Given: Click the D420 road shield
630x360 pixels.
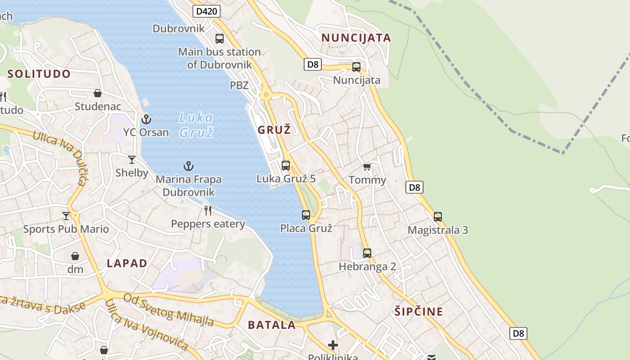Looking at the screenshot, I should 206,11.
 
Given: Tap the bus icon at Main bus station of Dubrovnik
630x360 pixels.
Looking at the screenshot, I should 220,39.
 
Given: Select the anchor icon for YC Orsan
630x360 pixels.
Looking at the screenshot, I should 146,119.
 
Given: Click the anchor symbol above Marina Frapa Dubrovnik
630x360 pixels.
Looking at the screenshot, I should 189,166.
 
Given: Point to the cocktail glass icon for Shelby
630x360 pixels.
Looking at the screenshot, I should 132,160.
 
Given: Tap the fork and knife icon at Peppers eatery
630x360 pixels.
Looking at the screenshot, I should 208,210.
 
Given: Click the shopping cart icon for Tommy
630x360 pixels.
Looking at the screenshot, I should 367,167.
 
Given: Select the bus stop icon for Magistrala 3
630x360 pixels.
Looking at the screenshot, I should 438,216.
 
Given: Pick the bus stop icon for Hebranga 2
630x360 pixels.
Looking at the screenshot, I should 367,253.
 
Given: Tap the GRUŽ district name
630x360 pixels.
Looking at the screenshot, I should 274,130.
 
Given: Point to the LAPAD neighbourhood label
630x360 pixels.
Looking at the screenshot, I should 127,263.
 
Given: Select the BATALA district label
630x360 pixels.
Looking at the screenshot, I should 272,325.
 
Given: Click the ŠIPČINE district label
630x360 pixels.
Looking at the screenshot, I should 418,311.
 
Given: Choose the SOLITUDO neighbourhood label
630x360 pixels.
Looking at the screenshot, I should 39,74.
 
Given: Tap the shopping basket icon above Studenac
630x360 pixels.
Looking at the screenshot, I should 98,93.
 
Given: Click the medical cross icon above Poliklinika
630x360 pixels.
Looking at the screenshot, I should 333,345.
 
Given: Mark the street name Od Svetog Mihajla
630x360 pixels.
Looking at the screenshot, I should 169,310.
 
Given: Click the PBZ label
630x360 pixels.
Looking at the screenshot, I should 239,85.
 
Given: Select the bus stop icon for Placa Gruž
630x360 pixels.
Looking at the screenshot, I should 306,215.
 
